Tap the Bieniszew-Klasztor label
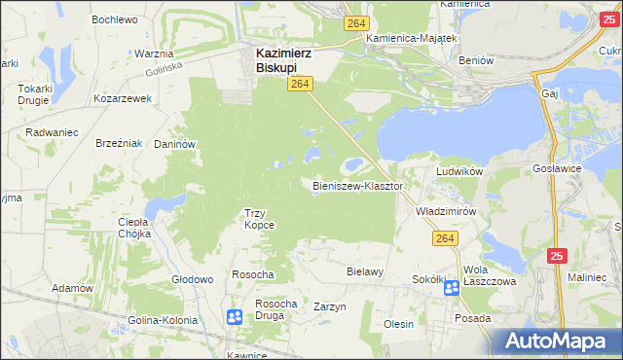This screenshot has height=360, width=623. click(x=357, y=185)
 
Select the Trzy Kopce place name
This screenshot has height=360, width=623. click(x=259, y=219)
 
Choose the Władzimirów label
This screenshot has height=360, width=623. click(x=445, y=210)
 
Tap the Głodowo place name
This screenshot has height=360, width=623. click(x=192, y=279)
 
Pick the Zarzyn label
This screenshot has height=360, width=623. click(x=330, y=306)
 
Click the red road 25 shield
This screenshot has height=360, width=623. click(x=556, y=256)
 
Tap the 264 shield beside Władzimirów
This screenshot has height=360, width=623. click(x=446, y=238)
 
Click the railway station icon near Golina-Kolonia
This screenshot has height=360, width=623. click(x=235, y=316)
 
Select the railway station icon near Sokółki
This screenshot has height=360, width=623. click(x=452, y=287)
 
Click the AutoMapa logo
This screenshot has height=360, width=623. click(x=554, y=342)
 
